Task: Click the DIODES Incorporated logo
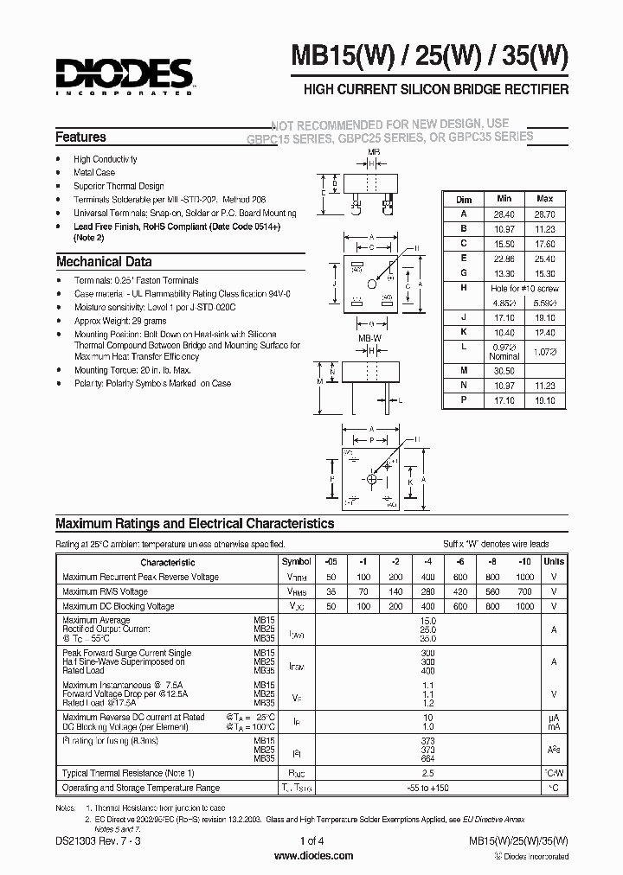123,76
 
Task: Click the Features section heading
80,137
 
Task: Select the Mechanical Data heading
104,261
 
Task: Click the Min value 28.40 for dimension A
505,213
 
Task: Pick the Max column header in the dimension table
544,198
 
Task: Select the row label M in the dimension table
464,369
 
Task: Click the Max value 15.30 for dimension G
544,272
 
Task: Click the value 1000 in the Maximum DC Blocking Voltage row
524,607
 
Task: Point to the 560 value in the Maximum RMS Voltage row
493,592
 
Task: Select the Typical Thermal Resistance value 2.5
427,772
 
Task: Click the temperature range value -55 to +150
427,788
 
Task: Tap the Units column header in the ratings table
554,561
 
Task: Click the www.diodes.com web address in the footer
313,856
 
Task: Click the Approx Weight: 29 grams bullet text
119,321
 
